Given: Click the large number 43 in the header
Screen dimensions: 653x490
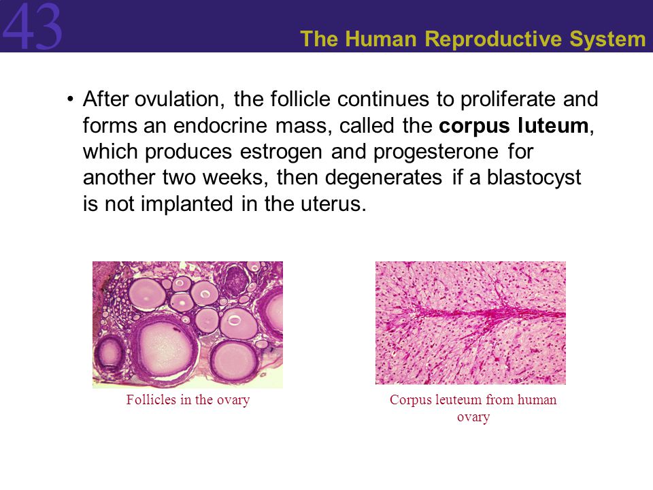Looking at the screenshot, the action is tap(32, 27).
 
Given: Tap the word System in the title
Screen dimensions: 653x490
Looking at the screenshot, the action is tap(607, 39).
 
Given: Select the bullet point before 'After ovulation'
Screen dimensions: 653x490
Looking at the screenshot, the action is tap(70, 99).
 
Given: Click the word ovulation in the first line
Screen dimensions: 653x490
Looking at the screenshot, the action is tap(179, 99).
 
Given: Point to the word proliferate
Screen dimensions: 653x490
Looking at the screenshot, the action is tap(507, 100).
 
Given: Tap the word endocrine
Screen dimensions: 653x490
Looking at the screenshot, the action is tap(220, 125).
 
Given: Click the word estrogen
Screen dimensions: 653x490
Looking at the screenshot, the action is tap(281, 152).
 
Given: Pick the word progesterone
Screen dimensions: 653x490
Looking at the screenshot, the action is tap(435, 152).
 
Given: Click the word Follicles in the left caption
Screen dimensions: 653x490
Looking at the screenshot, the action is tap(151, 399).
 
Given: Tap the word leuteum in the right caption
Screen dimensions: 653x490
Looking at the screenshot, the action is tap(458, 399).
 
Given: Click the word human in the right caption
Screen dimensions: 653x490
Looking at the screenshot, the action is tap(537, 399).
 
